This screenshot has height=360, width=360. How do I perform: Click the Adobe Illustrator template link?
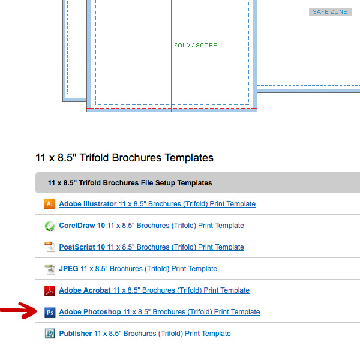coord(157,204)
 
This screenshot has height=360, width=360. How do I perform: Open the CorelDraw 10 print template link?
coord(152,226)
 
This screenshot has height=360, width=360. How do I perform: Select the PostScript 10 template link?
coord(152,247)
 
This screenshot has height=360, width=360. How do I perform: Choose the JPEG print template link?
coord(138,269)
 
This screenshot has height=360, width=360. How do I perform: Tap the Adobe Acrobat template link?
coord(154,290)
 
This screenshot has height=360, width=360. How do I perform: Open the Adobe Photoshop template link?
coord(160,312)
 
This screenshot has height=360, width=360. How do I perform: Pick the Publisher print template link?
coord(145,334)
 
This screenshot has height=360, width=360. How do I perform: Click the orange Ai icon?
coord(50,204)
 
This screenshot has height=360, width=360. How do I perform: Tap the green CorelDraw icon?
coord(50,226)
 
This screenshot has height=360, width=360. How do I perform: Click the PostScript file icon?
coord(50,247)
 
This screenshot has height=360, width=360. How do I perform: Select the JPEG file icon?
coord(50,269)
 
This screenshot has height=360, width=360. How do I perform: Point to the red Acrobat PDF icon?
coord(50,291)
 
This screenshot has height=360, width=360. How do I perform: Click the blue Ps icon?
coord(50,313)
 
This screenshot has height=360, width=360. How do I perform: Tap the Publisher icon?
coord(50,334)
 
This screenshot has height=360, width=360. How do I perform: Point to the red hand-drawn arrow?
coord(19,311)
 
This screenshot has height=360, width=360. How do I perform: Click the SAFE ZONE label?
coord(330,12)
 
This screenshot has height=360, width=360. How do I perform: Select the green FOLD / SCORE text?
coord(196,45)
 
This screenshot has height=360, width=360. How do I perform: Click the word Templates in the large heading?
coord(189,158)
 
